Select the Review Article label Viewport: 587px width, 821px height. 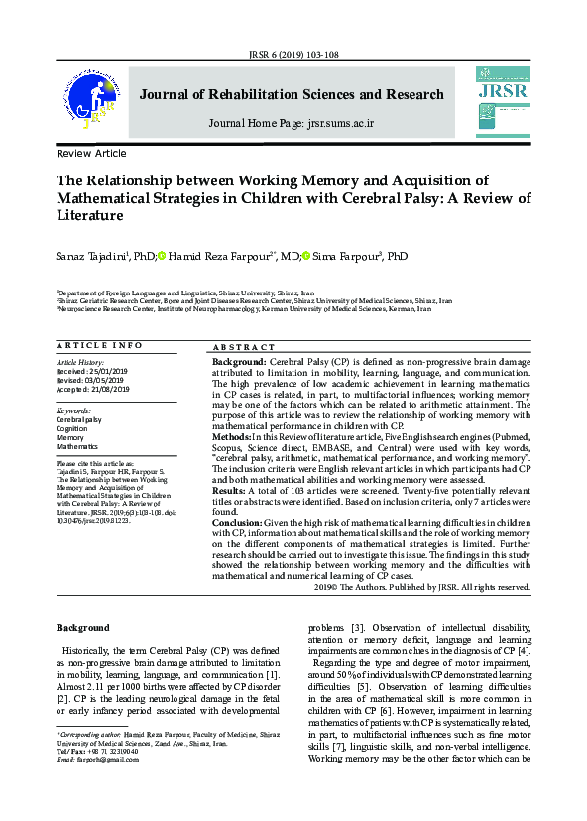[91, 154]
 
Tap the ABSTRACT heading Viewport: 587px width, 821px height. [244, 347]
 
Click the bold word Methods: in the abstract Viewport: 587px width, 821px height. [231, 437]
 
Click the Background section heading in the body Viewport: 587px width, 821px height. [82, 628]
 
